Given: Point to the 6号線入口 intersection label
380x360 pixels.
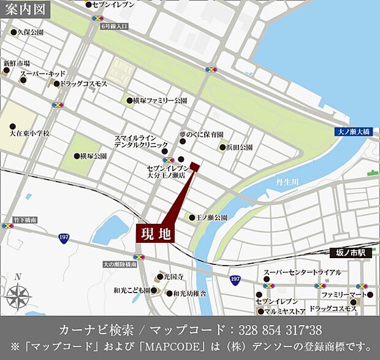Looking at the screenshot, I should pos(115,26).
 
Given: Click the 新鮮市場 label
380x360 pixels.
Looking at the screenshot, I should pos(17,63).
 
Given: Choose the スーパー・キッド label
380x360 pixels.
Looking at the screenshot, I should pos(42,74).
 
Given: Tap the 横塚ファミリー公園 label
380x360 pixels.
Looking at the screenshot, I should pos(163,100).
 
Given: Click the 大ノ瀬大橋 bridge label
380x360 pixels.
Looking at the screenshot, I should pos(354,131).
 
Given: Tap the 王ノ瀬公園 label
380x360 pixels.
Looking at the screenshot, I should pos(212,218).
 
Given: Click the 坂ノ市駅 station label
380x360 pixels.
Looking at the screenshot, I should pos(355,251).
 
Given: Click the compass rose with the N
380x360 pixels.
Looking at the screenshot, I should pos(18,297).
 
